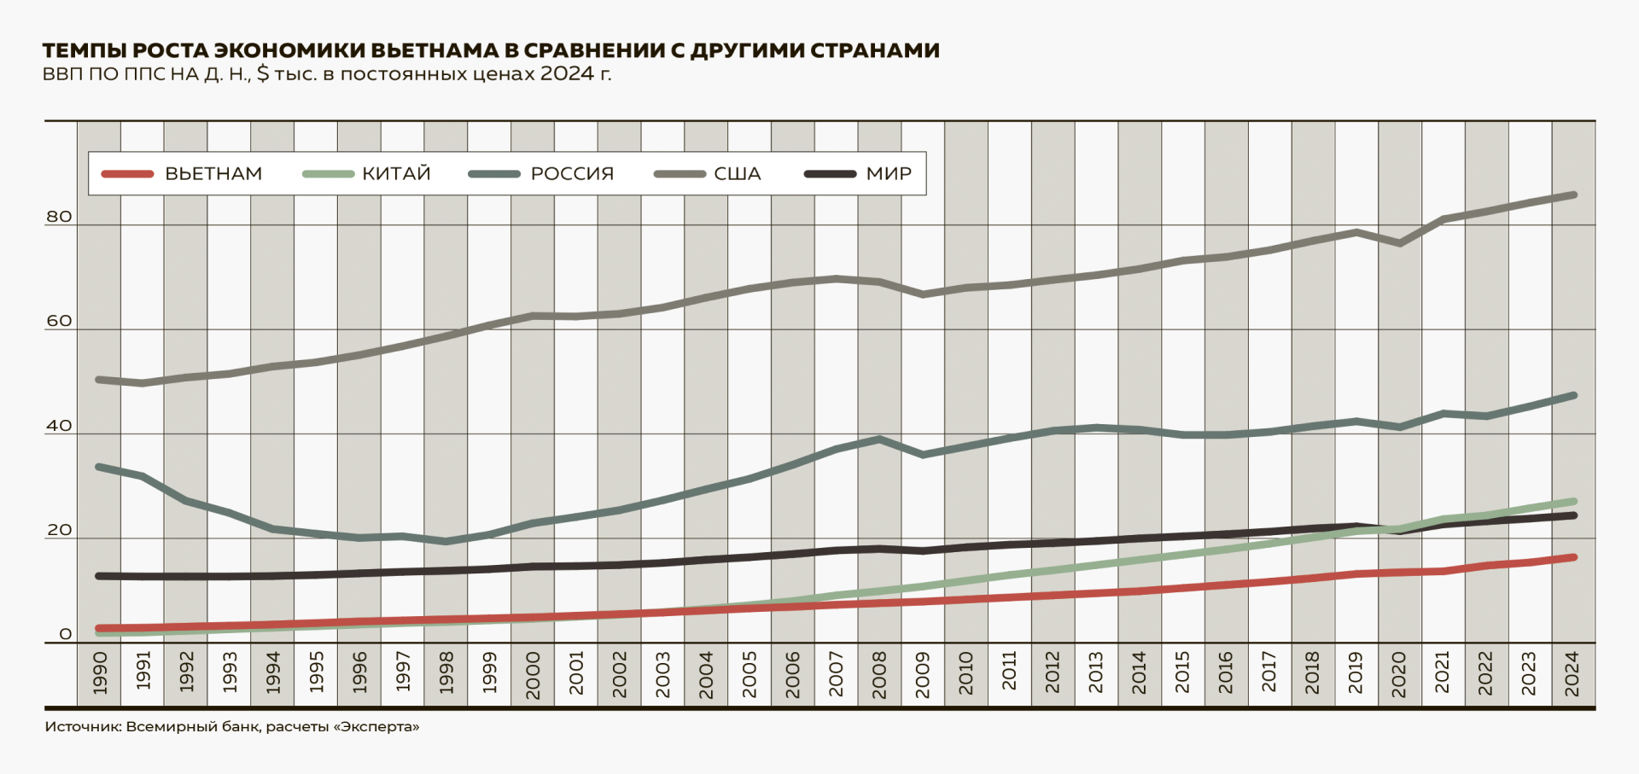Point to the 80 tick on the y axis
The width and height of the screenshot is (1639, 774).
[59, 217]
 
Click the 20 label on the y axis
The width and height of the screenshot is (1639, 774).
[59, 530]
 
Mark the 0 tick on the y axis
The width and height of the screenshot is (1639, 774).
[65, 634]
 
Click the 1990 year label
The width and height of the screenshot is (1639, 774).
[99, 672]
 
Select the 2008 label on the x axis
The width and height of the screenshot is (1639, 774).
[879, 674]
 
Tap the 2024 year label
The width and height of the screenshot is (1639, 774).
[1572, 674]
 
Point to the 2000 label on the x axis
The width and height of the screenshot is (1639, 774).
[533, 674]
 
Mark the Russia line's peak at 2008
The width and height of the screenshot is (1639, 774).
[879, 439]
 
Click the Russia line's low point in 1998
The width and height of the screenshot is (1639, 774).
[446, 541]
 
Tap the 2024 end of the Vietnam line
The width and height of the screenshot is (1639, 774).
[1573, 557]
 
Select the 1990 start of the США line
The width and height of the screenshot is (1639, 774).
[99, 380]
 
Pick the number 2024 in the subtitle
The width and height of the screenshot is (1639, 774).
[567, 73]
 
